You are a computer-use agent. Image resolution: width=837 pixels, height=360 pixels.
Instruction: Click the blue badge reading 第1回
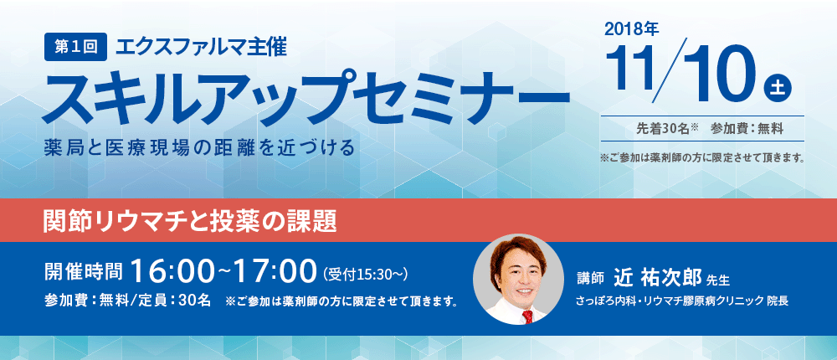pos(76,48)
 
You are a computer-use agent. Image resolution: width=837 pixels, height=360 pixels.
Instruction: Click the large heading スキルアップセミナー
pos(306,96)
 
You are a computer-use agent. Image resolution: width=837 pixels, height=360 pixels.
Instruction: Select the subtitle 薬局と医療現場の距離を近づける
pos(200,147)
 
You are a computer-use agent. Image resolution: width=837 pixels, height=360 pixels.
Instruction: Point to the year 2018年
pos(631,30)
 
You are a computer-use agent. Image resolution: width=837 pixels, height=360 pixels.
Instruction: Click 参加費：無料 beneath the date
pos(747,129)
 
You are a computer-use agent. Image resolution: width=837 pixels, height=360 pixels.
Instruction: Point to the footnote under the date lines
pos(702,158)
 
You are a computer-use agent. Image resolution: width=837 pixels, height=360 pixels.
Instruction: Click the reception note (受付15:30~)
pos(366,275)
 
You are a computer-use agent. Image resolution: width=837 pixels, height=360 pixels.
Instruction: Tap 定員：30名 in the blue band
pos(170,301)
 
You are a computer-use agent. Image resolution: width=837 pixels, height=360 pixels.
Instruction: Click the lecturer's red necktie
pos(527,317)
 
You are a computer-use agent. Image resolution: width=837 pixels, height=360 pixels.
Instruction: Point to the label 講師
pos(590,278)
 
